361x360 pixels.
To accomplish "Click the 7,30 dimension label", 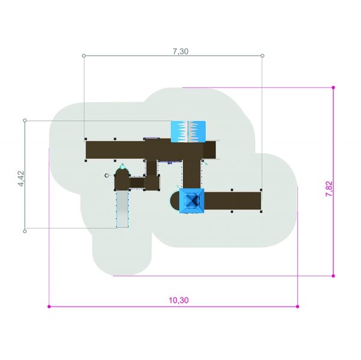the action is (180, 51).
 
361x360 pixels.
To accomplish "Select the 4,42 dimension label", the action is (21, 178).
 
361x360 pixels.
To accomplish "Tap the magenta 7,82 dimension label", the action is (329, 189).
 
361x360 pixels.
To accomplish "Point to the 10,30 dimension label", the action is (179, 300).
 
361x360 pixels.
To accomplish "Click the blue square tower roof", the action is (191, 201).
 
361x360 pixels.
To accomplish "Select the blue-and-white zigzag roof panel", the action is (188, 132).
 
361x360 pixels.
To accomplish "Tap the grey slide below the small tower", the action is (122, 209).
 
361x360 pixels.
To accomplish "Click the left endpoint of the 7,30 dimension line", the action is (84, 56).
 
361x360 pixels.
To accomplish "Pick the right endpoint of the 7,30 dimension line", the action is (262, 56).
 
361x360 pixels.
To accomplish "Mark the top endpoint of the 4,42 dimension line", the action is (25, 120).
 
